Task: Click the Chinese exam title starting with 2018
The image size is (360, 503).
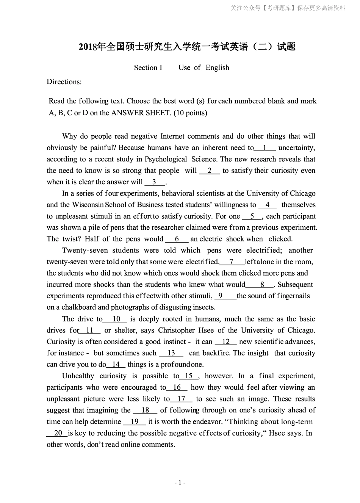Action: [187, 47]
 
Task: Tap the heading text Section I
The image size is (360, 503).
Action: [148, 68]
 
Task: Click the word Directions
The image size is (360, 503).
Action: [64, 82]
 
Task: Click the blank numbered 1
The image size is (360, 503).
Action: [265, 148]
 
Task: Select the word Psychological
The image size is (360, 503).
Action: [166, 159]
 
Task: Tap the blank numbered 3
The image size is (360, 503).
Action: [155, 182]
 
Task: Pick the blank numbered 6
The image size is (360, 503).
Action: [177, 239]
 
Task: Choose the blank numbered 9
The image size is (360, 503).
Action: [221, 296]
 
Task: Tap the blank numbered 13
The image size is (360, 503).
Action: [171, 353]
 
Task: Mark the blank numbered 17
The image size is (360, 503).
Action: [181, 399]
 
